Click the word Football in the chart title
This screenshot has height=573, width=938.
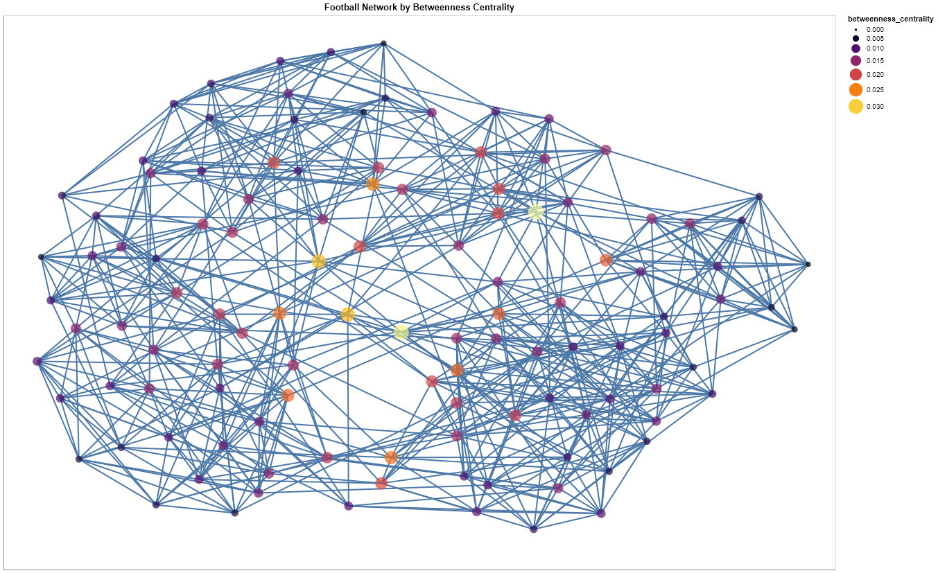pos(338,7)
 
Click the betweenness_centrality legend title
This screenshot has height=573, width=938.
pos(890,19)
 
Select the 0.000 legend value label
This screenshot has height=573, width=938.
pos(875,30)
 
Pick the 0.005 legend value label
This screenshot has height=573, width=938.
pos(875,39)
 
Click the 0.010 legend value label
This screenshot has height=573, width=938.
pos(875,48)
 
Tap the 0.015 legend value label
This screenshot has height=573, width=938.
pos(875,61)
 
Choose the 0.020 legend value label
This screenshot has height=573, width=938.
pos(875,75)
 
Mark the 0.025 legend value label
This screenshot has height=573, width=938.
pos(875,89)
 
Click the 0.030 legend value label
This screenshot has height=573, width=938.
pos(875,106)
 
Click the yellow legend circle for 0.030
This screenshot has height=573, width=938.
pos(856,106)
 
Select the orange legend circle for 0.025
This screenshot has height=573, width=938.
pos(856,89)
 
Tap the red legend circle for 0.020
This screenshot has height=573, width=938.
pos(856,75)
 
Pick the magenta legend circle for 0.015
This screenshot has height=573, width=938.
pos(856,61)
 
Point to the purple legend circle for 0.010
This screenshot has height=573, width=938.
pos(856,48)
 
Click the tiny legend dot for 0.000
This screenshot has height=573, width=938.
pos(856,30)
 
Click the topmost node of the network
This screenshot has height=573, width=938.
pos(383,44)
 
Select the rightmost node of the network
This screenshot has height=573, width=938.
pos(808,264)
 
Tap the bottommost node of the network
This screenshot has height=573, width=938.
pos(533,529)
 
